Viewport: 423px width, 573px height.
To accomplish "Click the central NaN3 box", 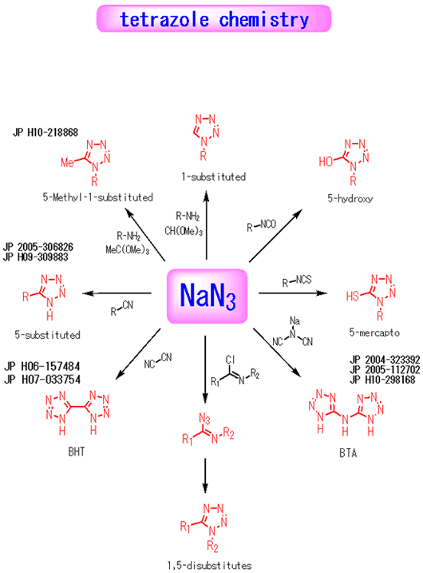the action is point(208,296).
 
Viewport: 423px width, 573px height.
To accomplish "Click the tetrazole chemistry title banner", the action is point(214,18).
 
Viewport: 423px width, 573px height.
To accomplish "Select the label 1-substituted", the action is point(214,177).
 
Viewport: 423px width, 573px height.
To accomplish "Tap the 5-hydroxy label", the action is point(350,199).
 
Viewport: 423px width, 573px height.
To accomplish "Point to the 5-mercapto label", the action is point(374,332).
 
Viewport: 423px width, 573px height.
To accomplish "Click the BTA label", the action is point(348,453).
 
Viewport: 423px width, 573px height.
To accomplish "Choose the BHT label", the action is point(77,452).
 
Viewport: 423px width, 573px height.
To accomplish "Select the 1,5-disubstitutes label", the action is point(209,566).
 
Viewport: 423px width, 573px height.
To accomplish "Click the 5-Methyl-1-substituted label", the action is point(98,197).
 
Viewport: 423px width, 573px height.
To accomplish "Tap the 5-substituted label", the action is point(47,335).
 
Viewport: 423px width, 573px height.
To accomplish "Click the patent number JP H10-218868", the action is point(45,132).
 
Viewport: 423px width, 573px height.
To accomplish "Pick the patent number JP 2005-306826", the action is point(38,247).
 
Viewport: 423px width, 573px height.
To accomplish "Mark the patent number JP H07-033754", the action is point(42,380).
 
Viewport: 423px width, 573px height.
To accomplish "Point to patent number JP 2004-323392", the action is point(385,360).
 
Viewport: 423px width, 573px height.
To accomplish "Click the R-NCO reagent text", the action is point(261,225).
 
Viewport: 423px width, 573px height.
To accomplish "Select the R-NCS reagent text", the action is point(297,281).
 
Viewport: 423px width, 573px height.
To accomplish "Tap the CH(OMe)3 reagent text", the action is point(184,231).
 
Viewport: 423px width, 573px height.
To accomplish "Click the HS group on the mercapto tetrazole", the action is point(352,296).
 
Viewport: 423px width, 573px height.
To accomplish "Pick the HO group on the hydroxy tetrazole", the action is point(326,161).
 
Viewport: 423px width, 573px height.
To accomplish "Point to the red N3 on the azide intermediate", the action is point(204,419).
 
